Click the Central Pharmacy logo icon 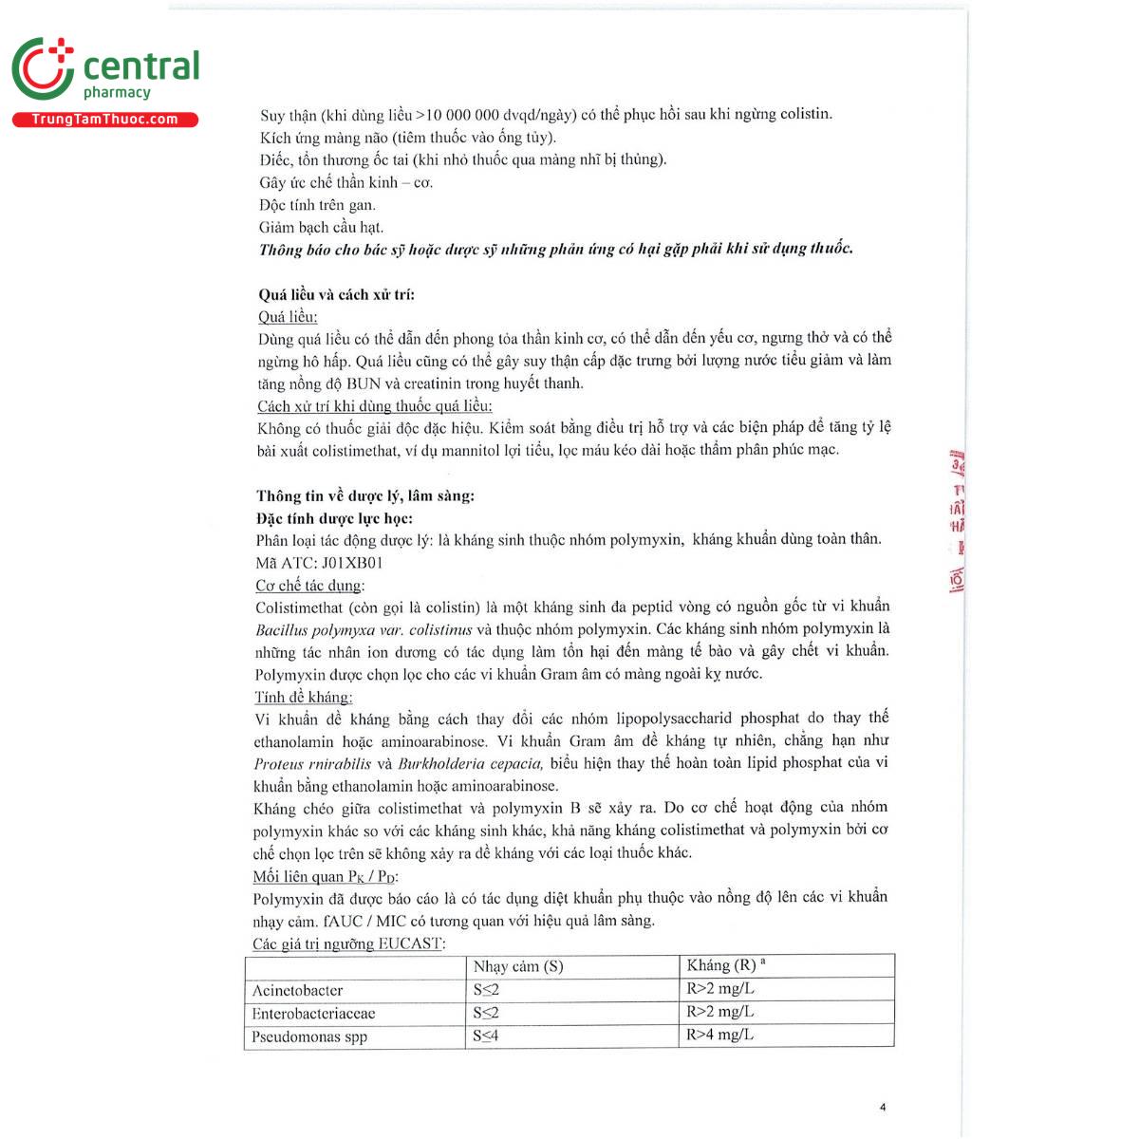[43, 68]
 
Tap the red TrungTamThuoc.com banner [105, 120]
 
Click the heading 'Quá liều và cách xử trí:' [336, 294]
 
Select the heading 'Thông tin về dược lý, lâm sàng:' [364, 495]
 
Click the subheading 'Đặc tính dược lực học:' [334, 518]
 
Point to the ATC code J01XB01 [352, 562]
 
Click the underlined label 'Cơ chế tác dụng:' [309, 586]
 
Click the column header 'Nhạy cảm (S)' [518, 966]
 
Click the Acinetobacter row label [297, 990]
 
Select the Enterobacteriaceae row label [313, 1014]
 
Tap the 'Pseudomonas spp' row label [309, 1036]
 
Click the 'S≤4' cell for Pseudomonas [486, 1036]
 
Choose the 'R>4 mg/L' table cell [719, 1035]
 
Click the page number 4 [883, 1107]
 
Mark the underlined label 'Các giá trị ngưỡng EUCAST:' [348, 943]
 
